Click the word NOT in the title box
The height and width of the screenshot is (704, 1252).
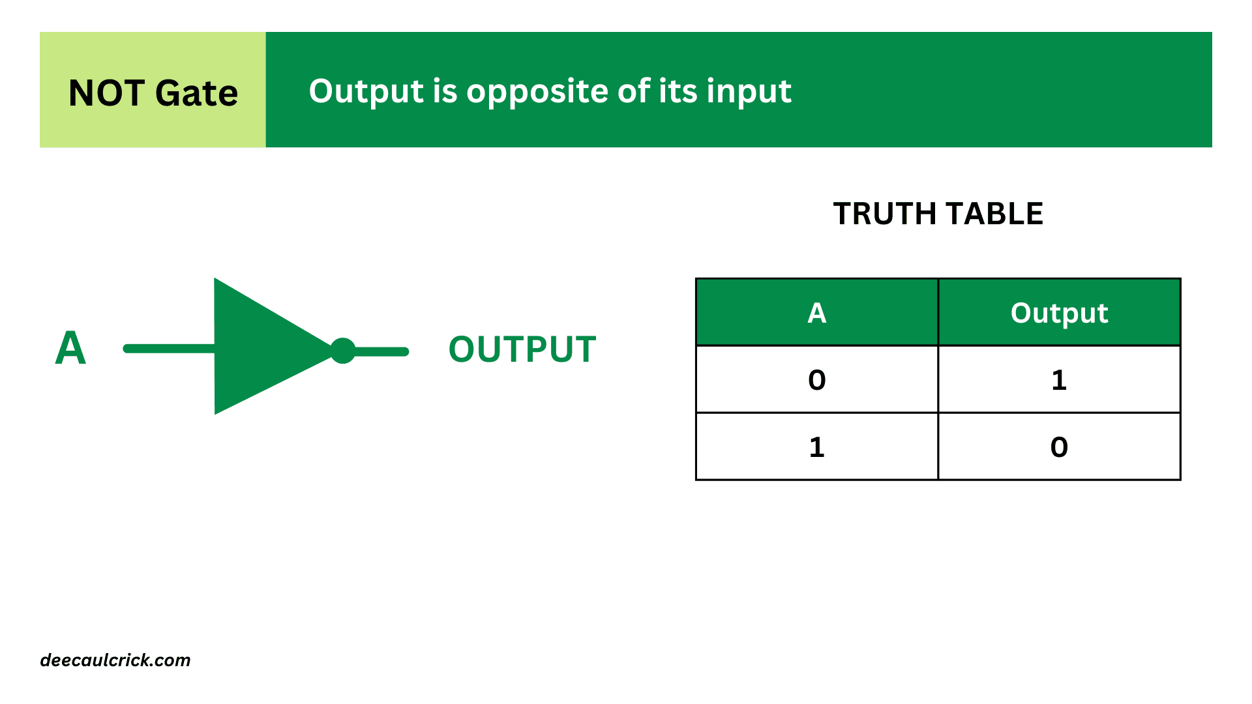(x=106, y=93)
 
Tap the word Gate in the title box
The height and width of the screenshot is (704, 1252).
(x=197, y=93)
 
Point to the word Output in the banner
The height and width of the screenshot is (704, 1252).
(x=366, y=92)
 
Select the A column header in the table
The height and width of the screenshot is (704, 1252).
(x=817, y=313)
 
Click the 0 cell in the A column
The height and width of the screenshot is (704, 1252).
(x=817, y=380)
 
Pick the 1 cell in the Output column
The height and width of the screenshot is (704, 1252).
(x=1060, y=380)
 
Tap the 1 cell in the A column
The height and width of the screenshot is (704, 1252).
(x=817, y=447)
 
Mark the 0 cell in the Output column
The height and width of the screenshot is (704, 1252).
(x=1060, y=447)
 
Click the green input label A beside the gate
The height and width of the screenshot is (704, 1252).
(x=70, y=347)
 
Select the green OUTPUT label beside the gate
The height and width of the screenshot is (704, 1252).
(x=522, y=349)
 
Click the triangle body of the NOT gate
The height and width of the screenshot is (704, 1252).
(x=261, y=347)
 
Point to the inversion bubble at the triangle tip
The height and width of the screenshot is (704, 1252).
(x=343, y=351)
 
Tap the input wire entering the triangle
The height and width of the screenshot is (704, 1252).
(x=170, y=349)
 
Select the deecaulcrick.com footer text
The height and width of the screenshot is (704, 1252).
(x=115, y=660)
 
